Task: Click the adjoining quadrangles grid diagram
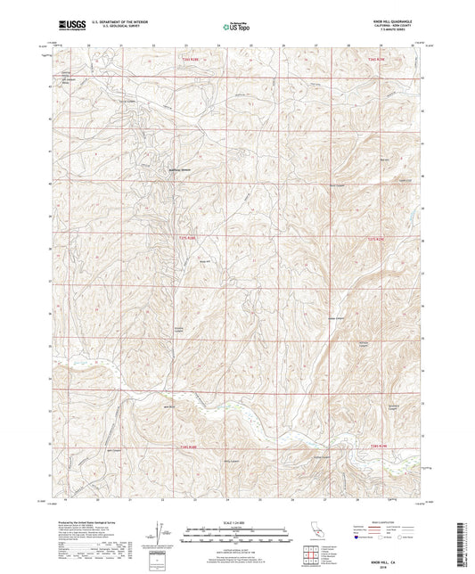click(310, 557)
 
